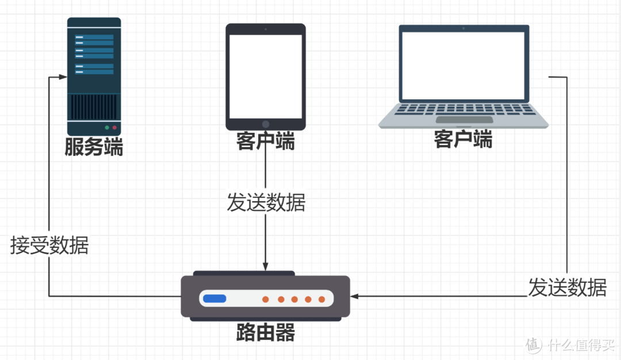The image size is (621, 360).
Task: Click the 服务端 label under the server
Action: (94, 147)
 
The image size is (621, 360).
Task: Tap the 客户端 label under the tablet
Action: (265, 141)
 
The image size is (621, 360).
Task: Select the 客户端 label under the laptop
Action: (463, 139)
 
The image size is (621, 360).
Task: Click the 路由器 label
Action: (265, 332)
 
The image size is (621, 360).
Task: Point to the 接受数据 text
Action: (49, 246)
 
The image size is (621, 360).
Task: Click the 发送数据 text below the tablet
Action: (266, 203)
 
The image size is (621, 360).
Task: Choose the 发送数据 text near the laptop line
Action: (568, 287)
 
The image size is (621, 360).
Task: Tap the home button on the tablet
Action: (266, 124)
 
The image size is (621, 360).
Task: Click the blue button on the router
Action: (214, 298)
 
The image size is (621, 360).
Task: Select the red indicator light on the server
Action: (114, 127)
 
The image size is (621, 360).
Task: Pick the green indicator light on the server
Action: (106, 127)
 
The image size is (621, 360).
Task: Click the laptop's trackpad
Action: (464, 120)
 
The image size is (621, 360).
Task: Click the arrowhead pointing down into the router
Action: (265, 266)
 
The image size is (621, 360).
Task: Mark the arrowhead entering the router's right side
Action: (355, 296)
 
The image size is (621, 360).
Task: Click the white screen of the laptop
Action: (463, 66)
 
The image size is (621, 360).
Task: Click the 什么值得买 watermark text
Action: (581, 344)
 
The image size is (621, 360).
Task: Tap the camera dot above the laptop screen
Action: (463, 28)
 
